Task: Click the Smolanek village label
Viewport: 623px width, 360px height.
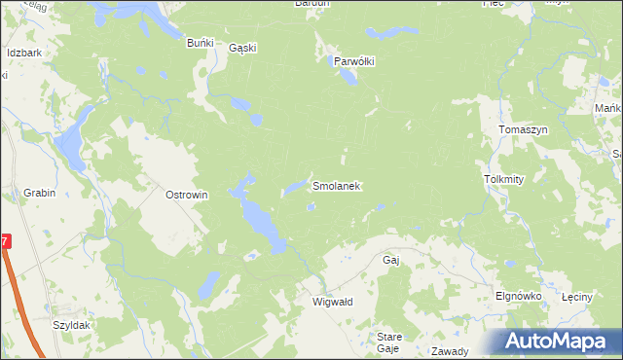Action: (337, 185)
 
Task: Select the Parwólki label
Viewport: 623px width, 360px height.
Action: (354, 60)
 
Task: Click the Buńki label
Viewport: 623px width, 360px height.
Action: (200, 43)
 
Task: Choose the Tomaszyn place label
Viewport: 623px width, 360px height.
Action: (523, 130)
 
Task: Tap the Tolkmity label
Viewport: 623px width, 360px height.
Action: (503, 180)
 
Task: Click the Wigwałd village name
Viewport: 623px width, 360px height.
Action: (332, 302)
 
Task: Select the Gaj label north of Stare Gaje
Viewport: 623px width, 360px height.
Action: (392, 261)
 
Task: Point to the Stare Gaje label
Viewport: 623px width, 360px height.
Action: (388, 342)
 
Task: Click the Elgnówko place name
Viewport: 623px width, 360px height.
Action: (518, 296)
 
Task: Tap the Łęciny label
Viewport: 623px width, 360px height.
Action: (577, 296)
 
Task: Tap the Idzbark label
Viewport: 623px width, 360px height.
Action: (23, 53)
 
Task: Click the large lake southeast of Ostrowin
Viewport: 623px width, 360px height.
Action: (261, 220)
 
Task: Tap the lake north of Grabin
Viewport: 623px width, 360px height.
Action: (70, 146)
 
